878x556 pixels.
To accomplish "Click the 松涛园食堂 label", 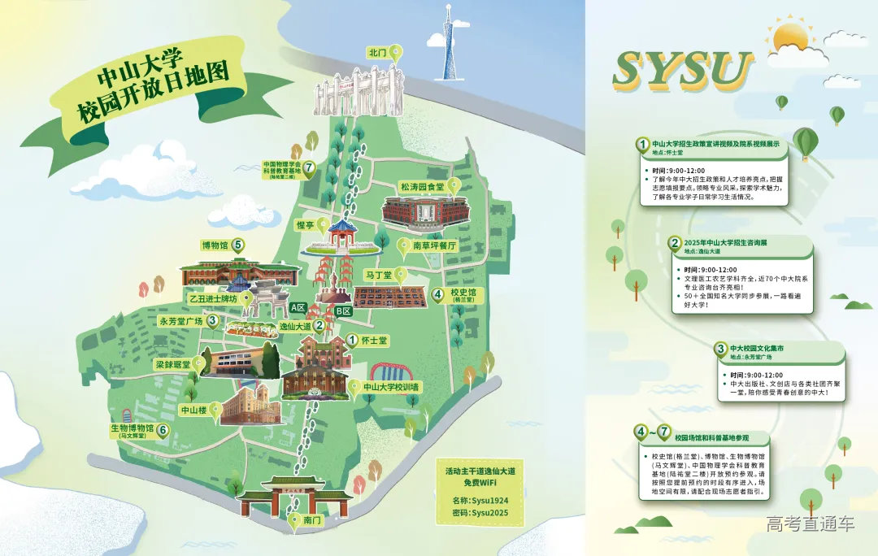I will (x=421, y=186).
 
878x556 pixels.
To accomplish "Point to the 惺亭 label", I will (x=306, y=224).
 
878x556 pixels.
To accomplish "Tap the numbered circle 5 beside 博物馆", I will (x=237, y=244).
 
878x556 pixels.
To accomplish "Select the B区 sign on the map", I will (x=343, y=311).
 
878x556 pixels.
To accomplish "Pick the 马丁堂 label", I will (x=379, y=276).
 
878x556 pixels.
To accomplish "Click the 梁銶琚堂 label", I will (x=173, y=365).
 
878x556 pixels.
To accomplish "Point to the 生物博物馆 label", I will (x=133, y=428).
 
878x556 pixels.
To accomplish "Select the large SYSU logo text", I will (x=683, y=70).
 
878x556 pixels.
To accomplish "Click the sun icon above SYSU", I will (x=790, y=37).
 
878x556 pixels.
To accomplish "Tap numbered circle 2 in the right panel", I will (x=674, y=243).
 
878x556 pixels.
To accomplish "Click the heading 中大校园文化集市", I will (x=758, y=348).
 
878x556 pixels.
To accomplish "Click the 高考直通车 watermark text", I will (x=810, y=523).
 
